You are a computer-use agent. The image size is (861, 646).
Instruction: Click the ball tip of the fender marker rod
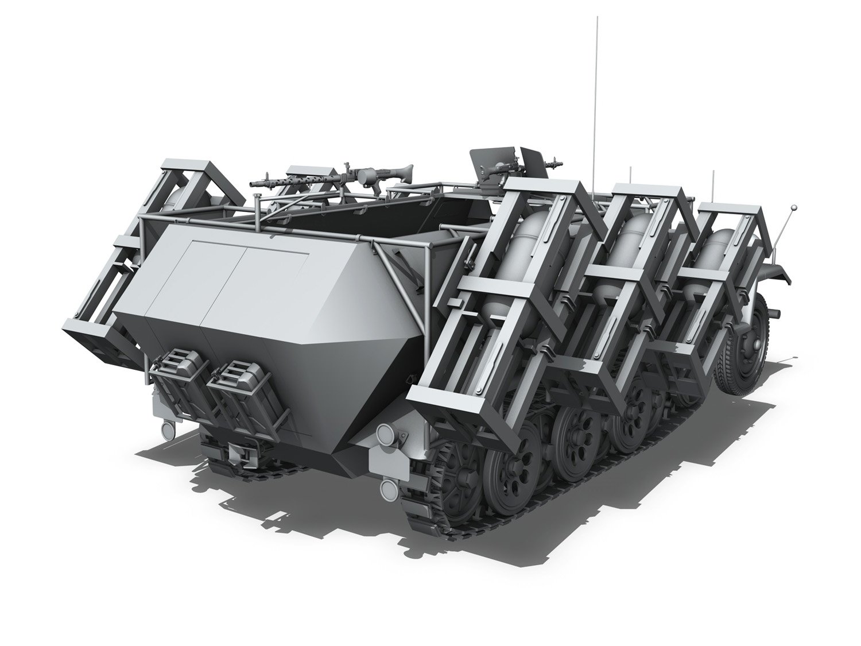click(794, 207)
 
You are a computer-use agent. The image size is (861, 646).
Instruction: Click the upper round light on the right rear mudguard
click(383, 432)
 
